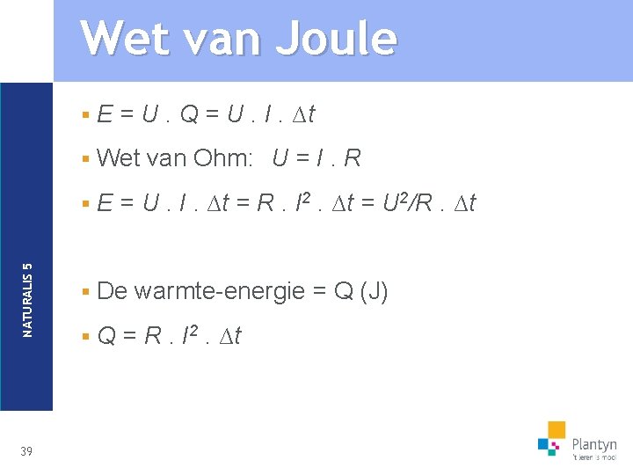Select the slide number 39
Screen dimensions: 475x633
point(26,451)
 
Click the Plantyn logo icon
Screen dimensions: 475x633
point(552,439)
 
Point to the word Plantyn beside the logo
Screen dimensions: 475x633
point(593,444)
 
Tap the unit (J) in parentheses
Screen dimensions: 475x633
point(373,291)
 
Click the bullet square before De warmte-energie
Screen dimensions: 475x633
point(85,291)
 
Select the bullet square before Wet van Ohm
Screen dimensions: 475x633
point(85,158)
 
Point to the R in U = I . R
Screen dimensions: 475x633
point(352,158)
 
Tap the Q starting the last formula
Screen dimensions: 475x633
point(108,336)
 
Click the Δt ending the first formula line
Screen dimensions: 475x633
point(304,113)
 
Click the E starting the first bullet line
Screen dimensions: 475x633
point(104,113)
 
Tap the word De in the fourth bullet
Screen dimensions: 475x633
point(113,291)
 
